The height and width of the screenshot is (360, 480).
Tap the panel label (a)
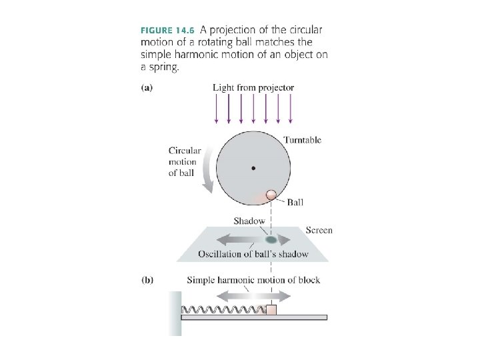147,87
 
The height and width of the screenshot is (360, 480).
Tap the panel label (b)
147,280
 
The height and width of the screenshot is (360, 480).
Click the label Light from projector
253,87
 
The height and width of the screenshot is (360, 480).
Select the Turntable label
302,140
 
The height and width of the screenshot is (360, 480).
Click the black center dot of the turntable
253,168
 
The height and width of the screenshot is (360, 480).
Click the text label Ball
295,202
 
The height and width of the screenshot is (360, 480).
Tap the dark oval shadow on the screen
271,239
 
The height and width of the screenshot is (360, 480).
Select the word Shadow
249,221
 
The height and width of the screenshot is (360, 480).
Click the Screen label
319,231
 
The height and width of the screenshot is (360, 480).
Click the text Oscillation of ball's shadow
253,254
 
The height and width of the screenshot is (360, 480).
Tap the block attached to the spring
271,309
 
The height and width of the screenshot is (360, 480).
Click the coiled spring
223,310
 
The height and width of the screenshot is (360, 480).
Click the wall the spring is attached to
174,313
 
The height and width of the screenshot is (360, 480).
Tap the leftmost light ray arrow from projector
217,110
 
